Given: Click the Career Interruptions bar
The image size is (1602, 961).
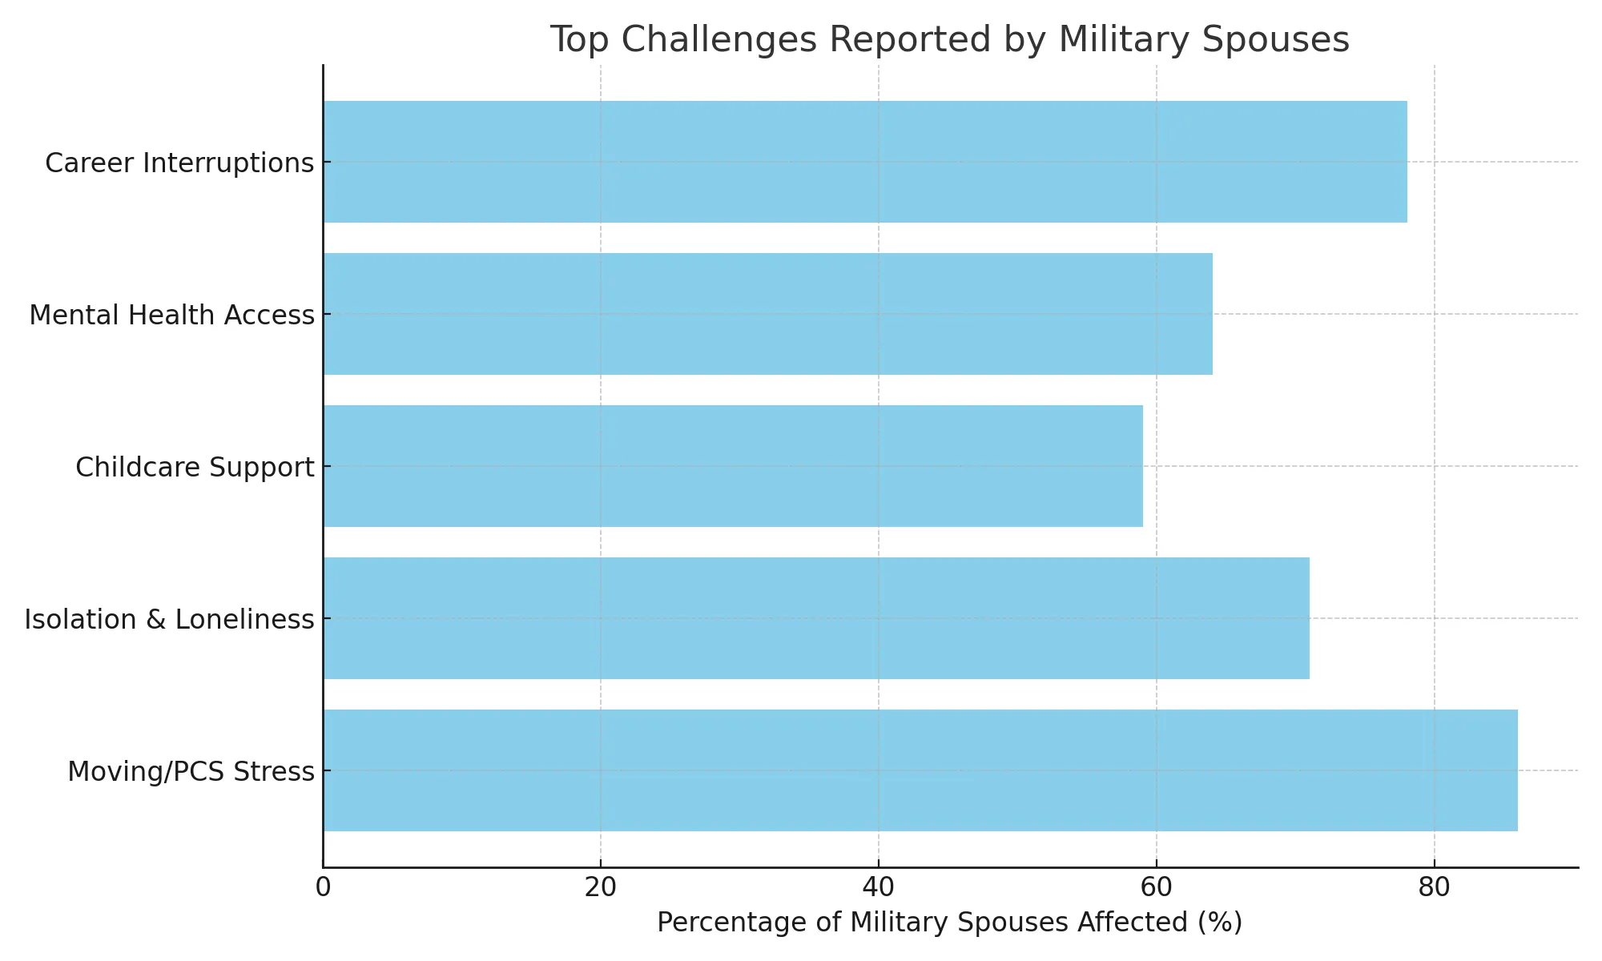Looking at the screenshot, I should tap(865, 162).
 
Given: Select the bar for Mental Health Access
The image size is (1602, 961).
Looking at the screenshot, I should tap(767, 314).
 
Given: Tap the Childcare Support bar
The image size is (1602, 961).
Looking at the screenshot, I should tap(733, 466).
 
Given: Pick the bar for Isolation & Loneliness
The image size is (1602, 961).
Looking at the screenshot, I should tap(816, 618).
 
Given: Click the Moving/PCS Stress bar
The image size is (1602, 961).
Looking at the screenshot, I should tap(920, 770).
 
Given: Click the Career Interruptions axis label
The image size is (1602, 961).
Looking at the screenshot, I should tap(179, 163).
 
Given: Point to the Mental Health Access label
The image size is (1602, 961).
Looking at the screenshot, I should tap(171, 316).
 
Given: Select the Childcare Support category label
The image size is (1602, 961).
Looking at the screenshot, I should tap(195, 468).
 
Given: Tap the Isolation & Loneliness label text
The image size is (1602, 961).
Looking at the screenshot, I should tap(169, 620).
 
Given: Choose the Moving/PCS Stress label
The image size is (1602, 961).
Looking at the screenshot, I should tap(191, 772).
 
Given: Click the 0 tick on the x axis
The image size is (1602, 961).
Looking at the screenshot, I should tap(323, 888).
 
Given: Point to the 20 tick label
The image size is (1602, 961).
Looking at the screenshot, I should tap(600, 888).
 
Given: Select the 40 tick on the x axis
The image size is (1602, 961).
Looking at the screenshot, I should tap(878, 888).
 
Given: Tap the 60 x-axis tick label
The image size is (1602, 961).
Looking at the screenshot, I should tap(1156, 888).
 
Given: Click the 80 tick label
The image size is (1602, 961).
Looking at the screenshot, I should tap(1434, 888).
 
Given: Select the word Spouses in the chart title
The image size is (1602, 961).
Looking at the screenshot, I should tap(1281, 40).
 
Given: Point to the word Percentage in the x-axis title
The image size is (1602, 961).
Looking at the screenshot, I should tap(726, 923).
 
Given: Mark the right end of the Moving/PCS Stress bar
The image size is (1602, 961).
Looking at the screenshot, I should tap(1516, 770).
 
